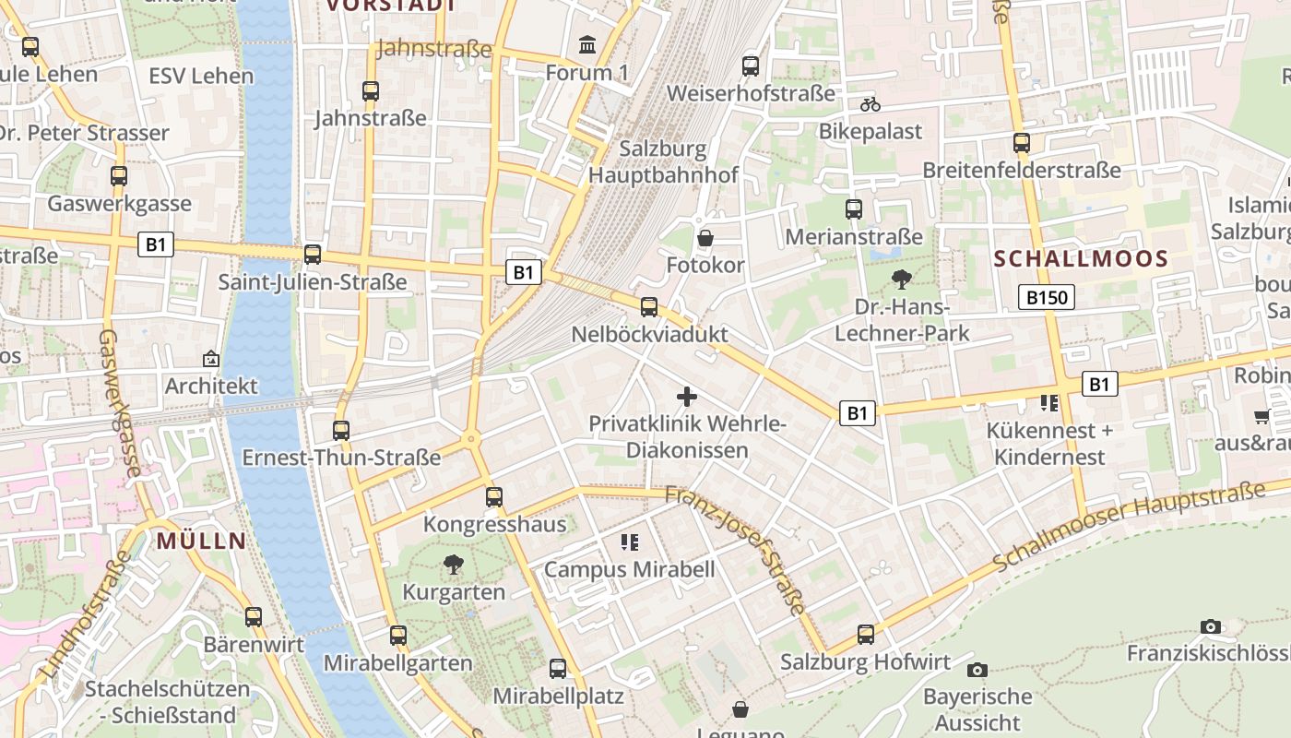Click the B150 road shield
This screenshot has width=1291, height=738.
tap(1047, 297)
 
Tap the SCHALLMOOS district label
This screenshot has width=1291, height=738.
tap(1082, 259)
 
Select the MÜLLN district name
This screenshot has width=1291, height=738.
tap(202, 541)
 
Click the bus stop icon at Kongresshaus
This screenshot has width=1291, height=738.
tap(494, 497)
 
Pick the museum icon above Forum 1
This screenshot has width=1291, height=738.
tap(586, 44)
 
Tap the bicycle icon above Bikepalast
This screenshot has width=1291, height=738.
tap(870, 104)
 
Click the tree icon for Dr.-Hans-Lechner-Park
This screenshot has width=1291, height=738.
tap(902, 279)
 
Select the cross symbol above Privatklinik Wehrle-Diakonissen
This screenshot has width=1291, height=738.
tap(687, 397)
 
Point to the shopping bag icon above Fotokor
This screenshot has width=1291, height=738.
tap(705, 238)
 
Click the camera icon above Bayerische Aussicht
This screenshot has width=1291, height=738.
tap(977, 670)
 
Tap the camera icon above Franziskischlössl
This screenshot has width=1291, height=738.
tap(1211, 627)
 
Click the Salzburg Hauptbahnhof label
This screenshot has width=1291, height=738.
tap(663, 161)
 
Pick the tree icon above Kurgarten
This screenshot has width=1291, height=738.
tap(453, 564)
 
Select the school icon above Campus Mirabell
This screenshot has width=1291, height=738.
tap(630, 542)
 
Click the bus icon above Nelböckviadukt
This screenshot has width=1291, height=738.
tap(649, 307)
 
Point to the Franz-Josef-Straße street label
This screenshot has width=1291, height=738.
tap(738, 544)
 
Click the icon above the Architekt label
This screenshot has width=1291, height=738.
tap(211, 359)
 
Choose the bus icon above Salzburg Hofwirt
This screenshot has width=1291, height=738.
tap(865, 635)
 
